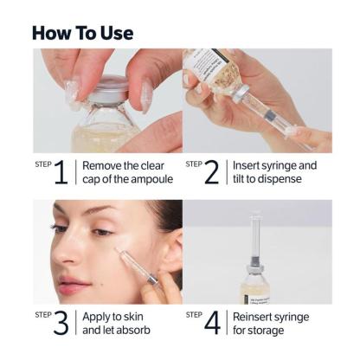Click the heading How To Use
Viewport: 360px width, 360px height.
[x=82, y=33]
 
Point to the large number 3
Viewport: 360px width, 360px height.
[x=60, y=323]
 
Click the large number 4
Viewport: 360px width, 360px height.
[x=212, y=323]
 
